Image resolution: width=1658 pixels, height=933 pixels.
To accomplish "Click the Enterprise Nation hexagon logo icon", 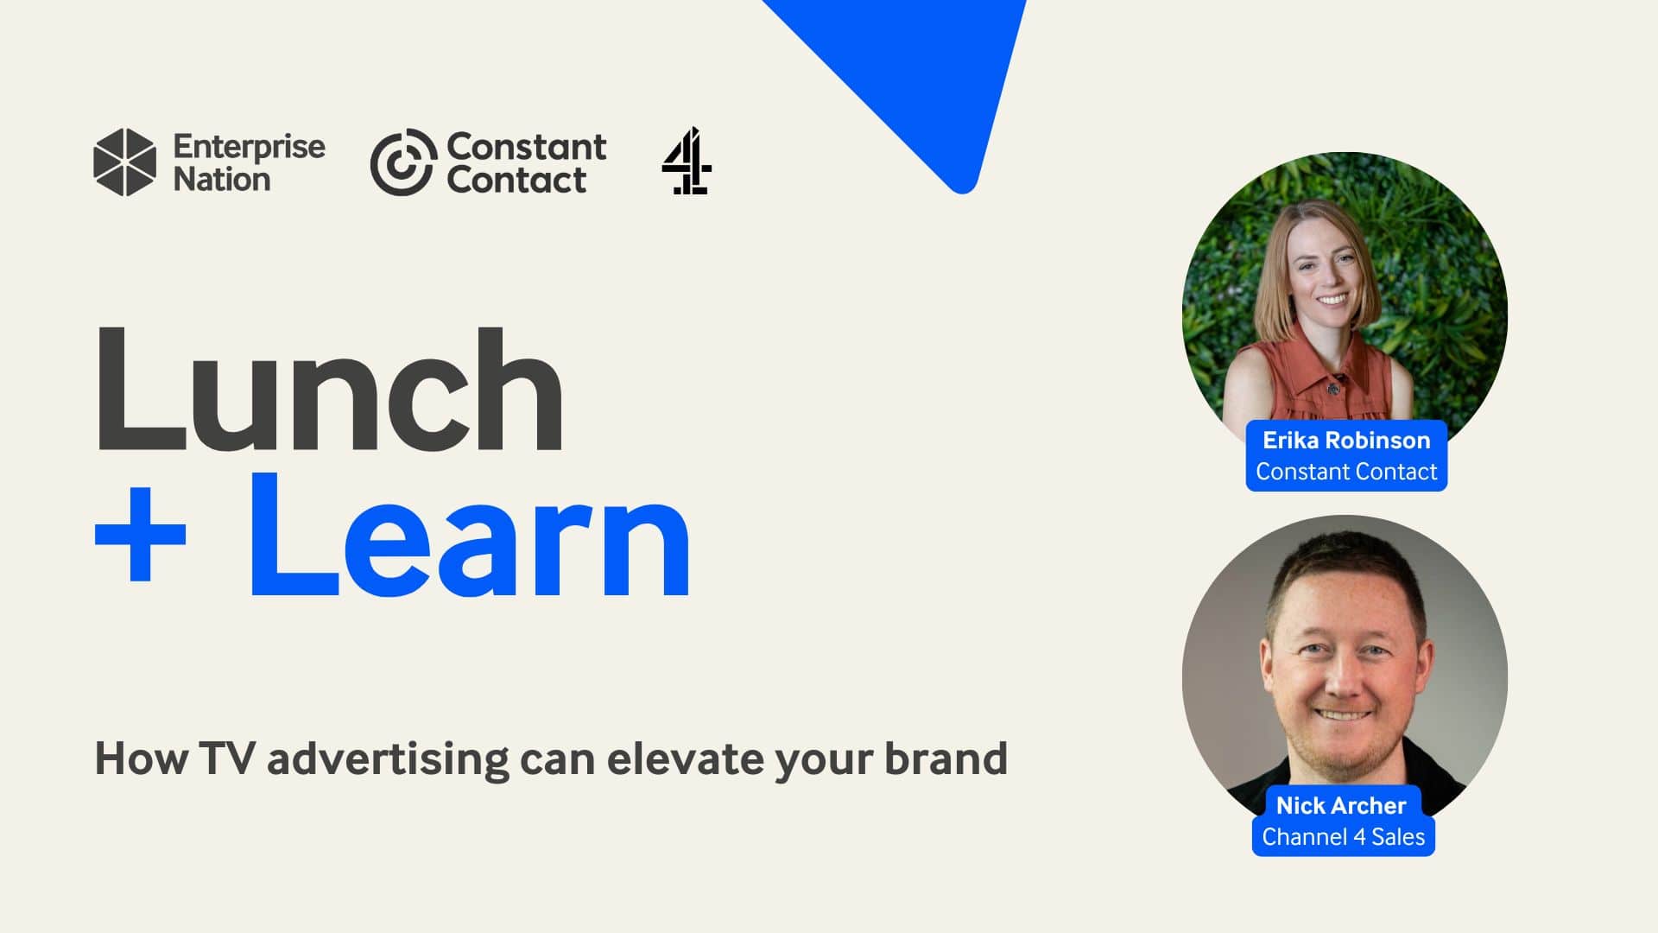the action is [x=125, y=162].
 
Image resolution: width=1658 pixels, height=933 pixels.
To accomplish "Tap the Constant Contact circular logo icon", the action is [x=402, y=162].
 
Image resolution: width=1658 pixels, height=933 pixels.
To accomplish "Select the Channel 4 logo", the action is [x=687, y=161].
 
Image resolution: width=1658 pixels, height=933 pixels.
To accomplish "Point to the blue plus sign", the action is [x=140, y=533].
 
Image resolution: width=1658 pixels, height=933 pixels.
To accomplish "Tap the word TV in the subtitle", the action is [x=227, y=758].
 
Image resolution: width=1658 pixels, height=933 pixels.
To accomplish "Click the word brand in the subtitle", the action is [x=946, y=758].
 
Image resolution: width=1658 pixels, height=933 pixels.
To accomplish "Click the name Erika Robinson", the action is [x=1346, y=441].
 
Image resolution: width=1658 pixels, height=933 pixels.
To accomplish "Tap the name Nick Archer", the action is [x=1341, y=805].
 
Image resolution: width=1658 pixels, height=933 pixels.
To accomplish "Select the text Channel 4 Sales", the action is [x=1344, y=836].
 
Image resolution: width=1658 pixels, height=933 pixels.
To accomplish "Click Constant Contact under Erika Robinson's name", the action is [x=1346, y=472].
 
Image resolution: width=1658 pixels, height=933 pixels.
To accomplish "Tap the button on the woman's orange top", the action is [x=1333, y=388].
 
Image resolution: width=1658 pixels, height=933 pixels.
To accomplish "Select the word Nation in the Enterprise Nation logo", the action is [x=222, y=180].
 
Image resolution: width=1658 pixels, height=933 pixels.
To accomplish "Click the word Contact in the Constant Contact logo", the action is [x=516, y=180].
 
